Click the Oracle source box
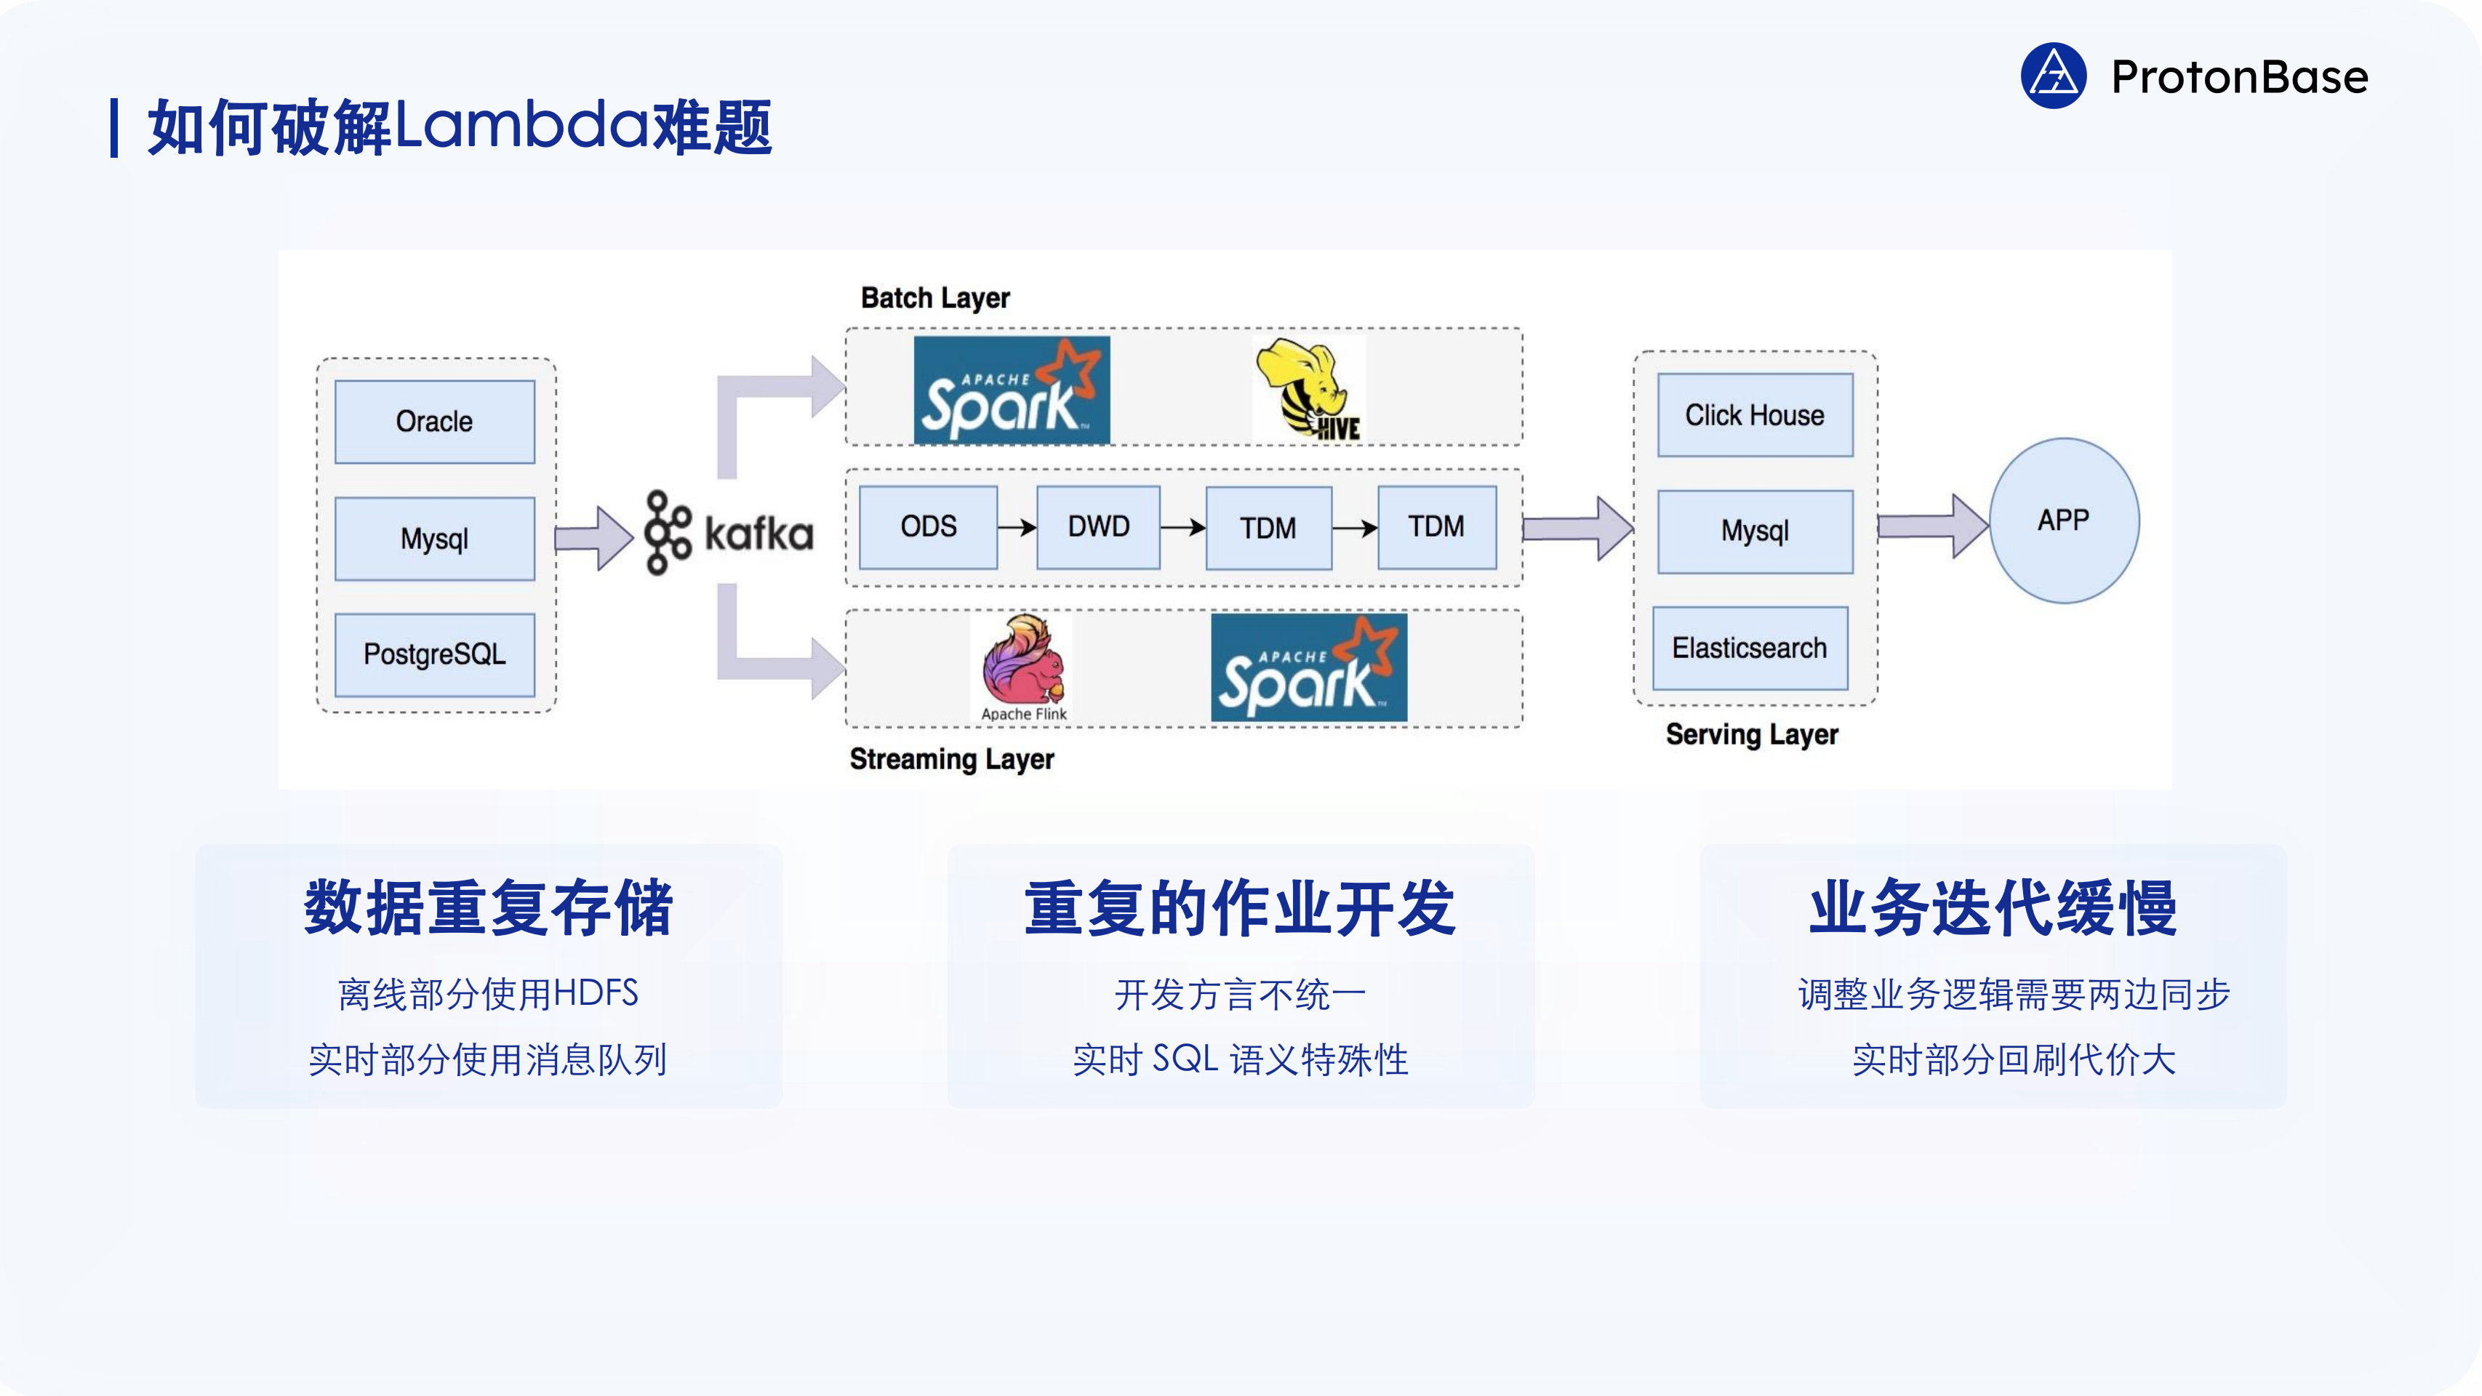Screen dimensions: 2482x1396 (435, 421)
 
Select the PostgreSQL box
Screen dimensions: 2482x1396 (435, 654)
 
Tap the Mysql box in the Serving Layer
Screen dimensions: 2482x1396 (1755, 531)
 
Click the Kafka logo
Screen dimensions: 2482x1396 (729, 533)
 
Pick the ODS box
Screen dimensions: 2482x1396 (928, 527)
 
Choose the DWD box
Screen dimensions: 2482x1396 (1098, 527)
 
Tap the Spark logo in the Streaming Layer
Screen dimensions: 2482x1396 (1308, 667)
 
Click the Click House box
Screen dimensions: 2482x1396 (1755, 414)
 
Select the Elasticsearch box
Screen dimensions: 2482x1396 (1750, 647)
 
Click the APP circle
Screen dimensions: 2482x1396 (2064, 521)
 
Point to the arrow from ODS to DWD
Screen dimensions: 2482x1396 (1017, 527)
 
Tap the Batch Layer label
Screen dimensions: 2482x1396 (934, 297)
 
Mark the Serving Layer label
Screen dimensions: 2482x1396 (1752, 734)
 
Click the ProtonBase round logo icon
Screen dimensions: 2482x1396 (2053, 76)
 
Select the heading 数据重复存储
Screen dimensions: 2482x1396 (489, 907)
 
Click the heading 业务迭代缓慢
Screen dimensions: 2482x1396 (1993, 907)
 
